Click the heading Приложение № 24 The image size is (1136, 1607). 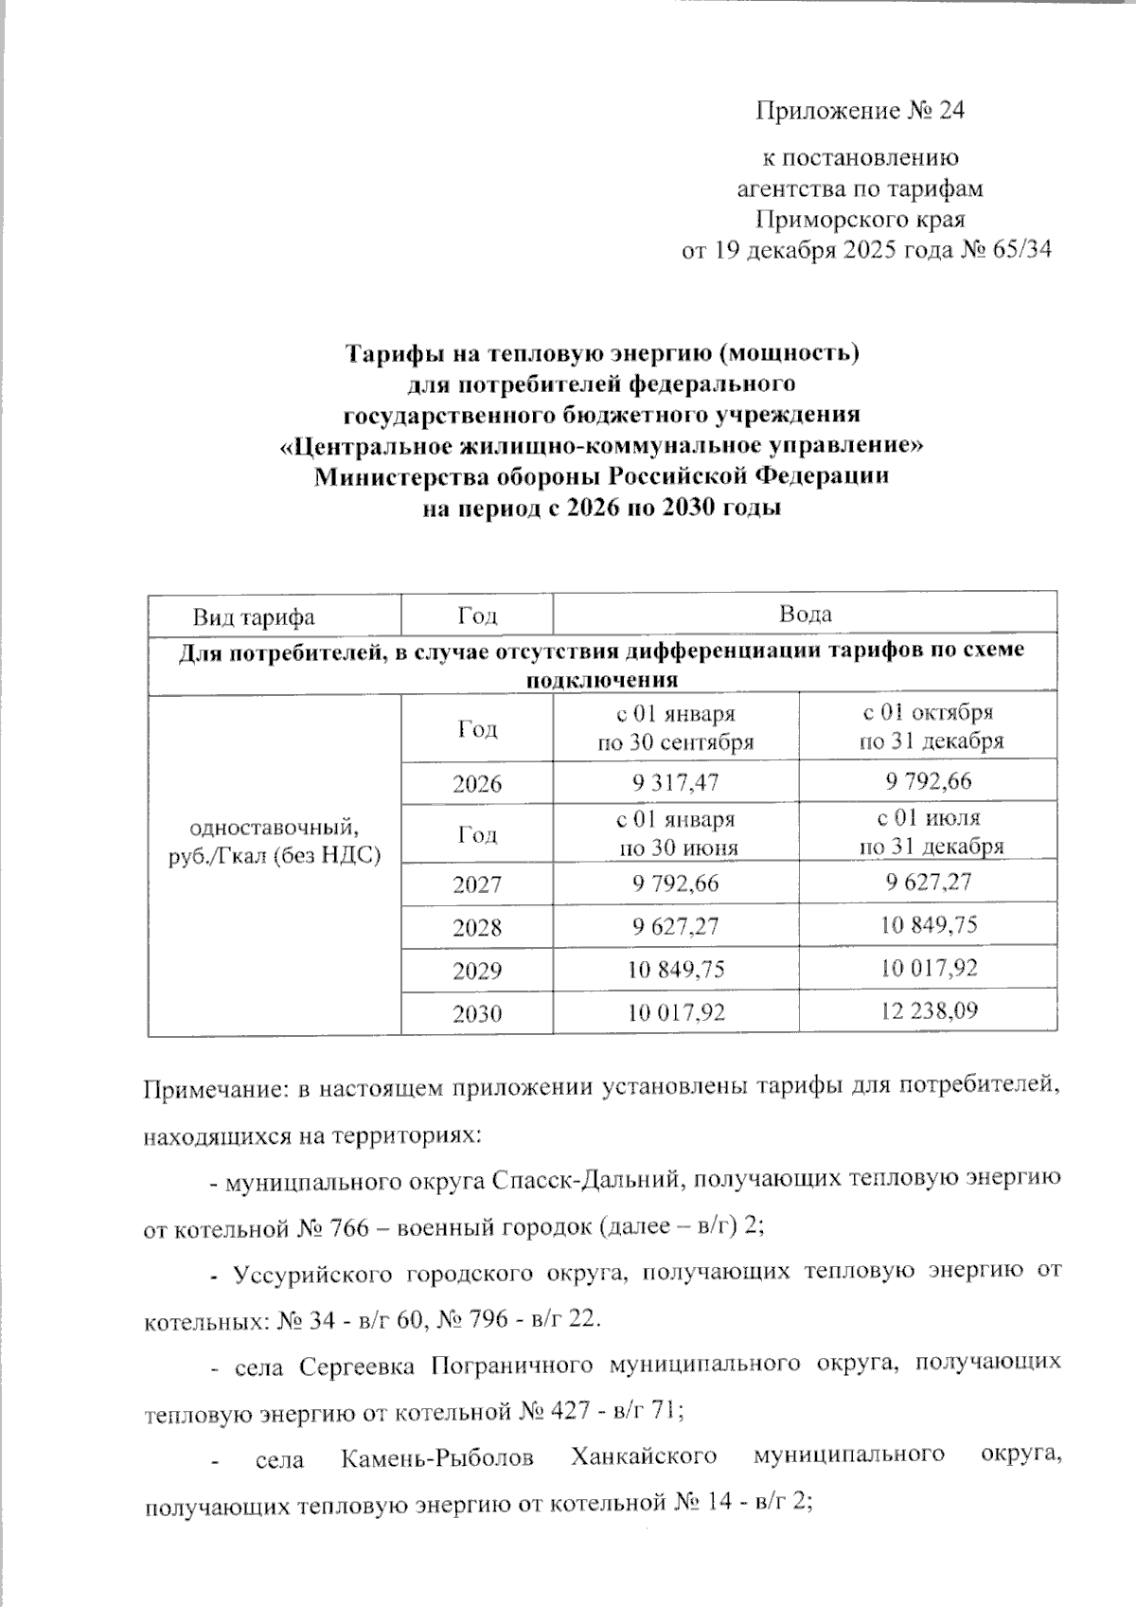[x=859, y=111]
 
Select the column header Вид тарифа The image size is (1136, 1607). [x=254, y=616]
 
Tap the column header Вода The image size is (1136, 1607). [x=805, y=614]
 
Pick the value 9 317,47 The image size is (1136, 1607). [x=675, y=782]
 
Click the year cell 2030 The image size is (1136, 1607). [x=477, y=1013]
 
